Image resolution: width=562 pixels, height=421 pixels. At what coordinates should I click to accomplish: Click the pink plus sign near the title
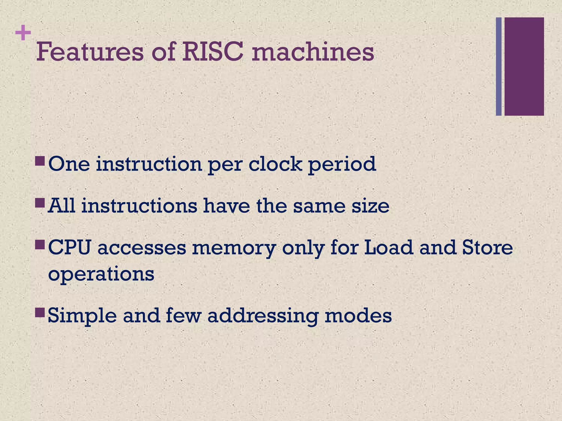tap(23, 33)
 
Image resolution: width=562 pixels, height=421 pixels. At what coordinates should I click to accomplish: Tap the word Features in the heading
tap(90, 52)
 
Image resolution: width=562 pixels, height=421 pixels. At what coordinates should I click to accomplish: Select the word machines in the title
tap(313, 52)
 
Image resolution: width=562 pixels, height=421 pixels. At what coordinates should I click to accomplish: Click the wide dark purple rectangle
tap(524, 66)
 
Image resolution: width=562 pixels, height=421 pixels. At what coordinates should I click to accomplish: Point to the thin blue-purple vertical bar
tap(499, 66)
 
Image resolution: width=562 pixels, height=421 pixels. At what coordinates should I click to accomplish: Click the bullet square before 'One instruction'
tap(40, 161)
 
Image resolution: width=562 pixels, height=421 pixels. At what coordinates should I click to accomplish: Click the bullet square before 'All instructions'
tap(40, 203)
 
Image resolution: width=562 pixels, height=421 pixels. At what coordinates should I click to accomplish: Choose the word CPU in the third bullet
tap(69, 248)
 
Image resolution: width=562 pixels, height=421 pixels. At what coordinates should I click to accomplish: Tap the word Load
tap(389, 248)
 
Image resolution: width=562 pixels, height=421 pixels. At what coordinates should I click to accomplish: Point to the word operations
tap(101, 274)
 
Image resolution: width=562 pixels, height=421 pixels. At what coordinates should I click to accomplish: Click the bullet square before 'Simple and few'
tap(40, 312)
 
